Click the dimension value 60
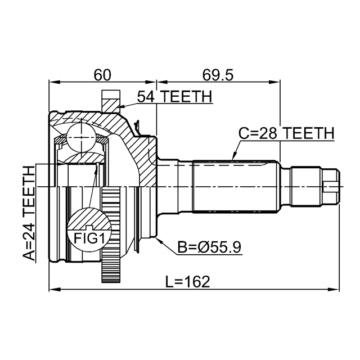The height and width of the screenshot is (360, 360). [102, 74]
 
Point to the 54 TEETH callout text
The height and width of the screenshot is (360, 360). [175, 97]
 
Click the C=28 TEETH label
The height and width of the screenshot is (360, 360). [286, 133]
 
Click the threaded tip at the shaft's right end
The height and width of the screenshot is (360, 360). [333, 186]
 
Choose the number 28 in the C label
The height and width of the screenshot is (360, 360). [269, 133]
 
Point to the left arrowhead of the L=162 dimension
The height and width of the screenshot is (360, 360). [53, 290]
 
